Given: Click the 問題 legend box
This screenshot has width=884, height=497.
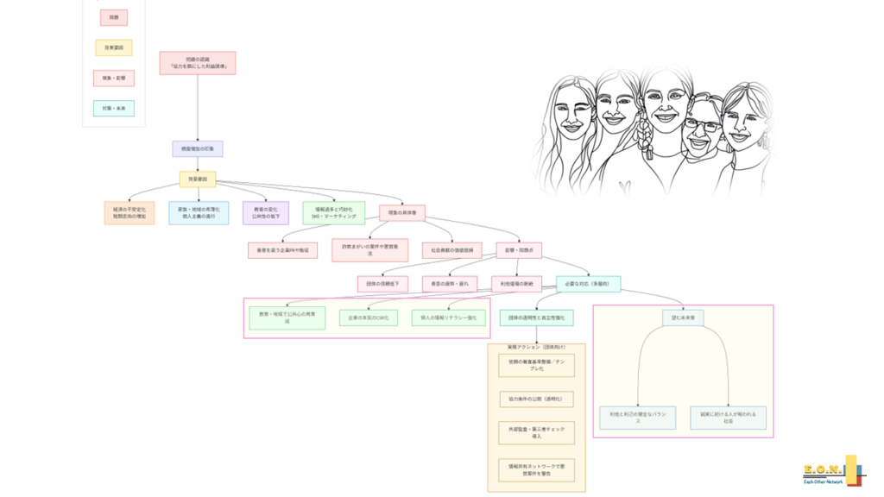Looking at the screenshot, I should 113,17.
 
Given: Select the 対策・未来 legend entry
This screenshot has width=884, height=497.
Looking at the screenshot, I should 113,109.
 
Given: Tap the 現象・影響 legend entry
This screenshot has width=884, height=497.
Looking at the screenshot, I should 113,79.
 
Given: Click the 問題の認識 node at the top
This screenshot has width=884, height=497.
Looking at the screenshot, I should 198,62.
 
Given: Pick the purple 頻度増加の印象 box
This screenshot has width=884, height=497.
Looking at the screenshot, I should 198,148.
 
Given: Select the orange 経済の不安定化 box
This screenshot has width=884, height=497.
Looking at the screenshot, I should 129,213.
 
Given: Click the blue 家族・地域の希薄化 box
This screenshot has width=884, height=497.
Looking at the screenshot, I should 199,213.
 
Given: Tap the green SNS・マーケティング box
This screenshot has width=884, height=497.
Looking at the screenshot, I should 334,213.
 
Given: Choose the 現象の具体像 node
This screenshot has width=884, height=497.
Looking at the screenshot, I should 402,212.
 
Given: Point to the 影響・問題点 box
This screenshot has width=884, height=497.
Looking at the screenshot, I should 519,250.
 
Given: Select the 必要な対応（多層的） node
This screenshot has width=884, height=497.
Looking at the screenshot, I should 588,284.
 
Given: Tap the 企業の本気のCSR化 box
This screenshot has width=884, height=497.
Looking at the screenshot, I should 369,318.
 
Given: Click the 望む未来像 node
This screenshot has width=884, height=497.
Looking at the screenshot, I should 683,318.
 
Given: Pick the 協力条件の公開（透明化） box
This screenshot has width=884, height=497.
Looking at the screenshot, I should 536,399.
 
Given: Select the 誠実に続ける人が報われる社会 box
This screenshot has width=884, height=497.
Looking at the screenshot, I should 729,418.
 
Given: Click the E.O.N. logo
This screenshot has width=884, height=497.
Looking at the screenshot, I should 828,472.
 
